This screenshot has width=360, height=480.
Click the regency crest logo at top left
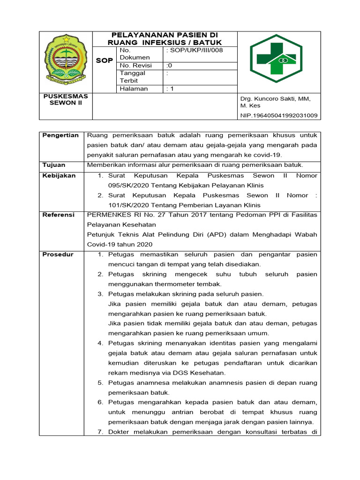(66, 60)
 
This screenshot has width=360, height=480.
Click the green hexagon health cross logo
(279, 59)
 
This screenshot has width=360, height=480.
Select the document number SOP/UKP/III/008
(194, 50)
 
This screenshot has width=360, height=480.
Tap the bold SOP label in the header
(104, 61)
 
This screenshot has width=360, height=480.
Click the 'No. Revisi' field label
(135, 65)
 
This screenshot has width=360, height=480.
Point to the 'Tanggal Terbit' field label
(133, 77)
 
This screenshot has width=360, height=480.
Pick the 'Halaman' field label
(134, 89)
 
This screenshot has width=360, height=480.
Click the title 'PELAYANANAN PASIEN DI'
(165, 35)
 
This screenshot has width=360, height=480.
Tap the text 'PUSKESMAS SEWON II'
(66, 99)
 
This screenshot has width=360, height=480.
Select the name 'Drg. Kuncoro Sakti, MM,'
(276, 98)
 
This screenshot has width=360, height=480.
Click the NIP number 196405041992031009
(278, 115)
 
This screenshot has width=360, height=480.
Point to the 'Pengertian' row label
(60, 135)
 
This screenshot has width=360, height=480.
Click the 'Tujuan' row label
(54, 165)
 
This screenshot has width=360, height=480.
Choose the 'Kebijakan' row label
(59, 175)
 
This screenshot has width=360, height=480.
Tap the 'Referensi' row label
(59, 215)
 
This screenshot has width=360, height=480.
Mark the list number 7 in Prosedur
(100, 432)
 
